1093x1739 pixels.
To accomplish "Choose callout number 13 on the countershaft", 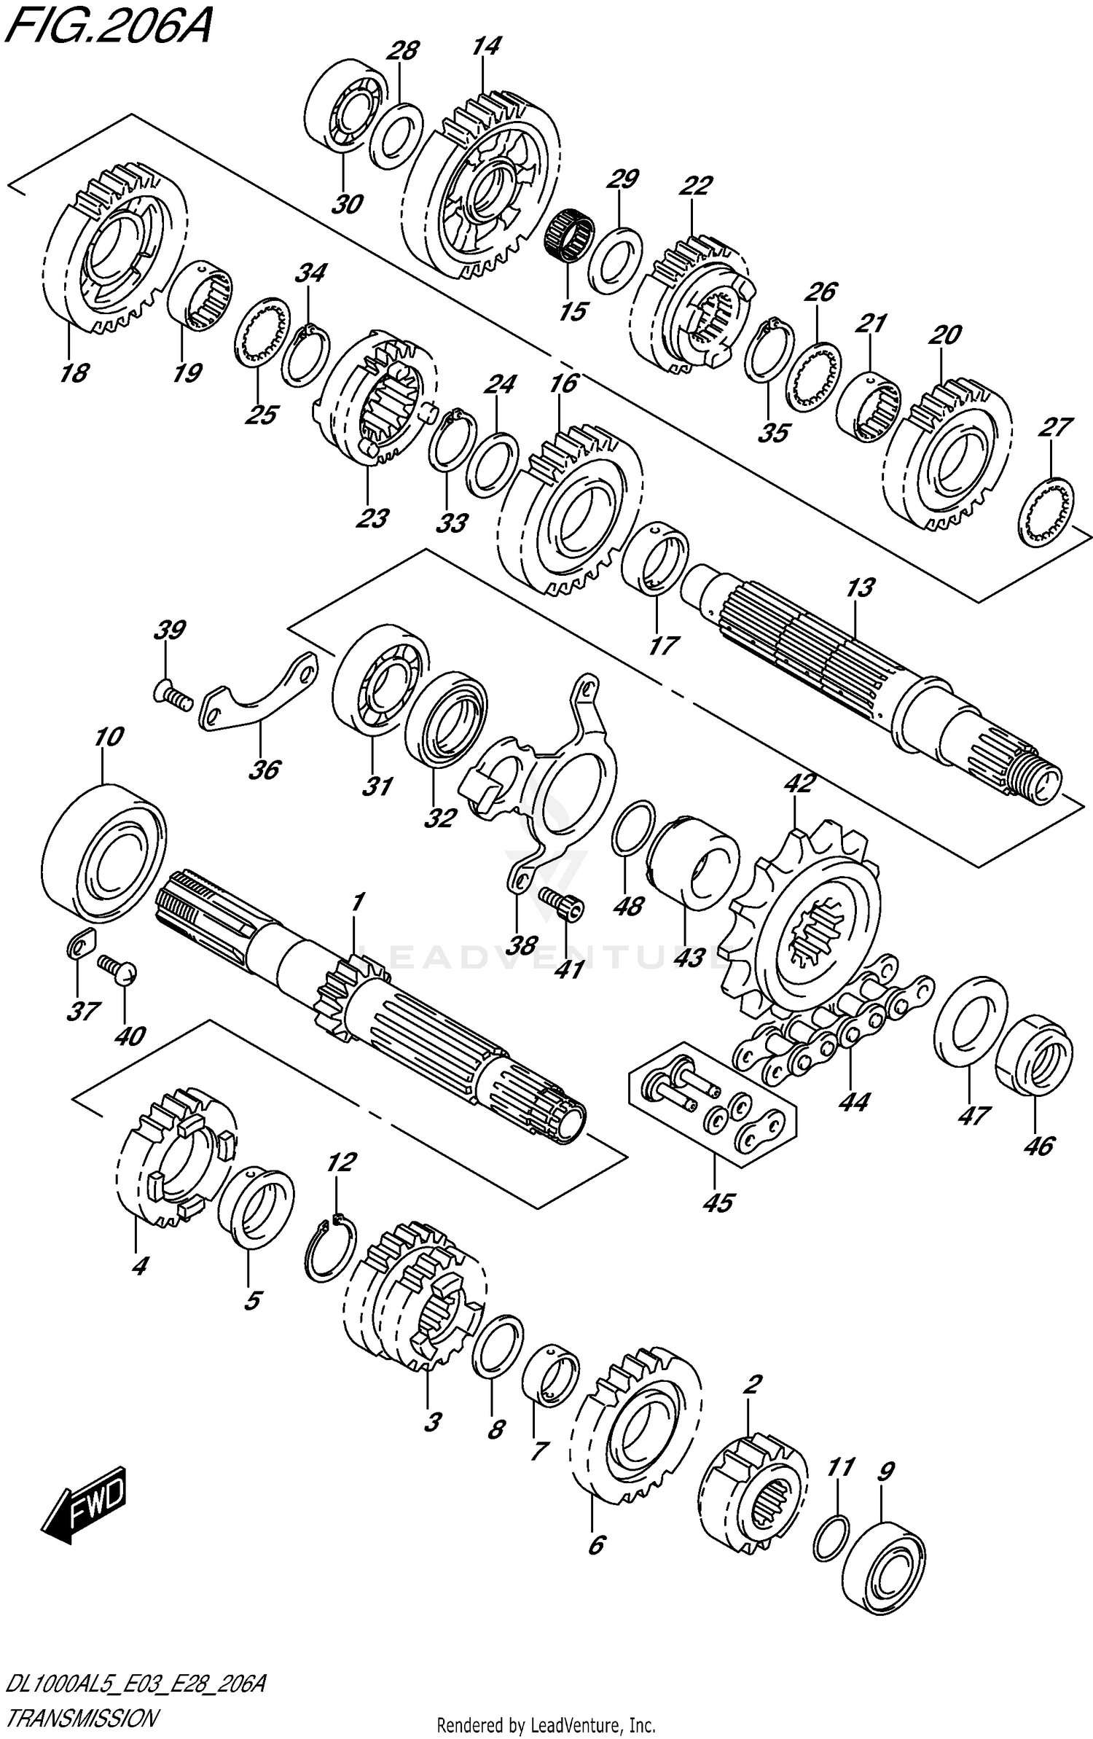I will pos(860,587).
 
